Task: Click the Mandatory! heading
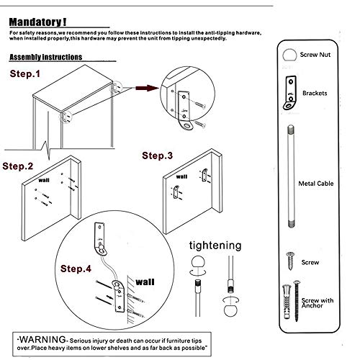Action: pos(37,22)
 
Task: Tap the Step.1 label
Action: pos(25,73)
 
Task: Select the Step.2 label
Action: pos(18,166)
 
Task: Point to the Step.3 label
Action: pos(158,156)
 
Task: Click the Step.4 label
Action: pos(76,269)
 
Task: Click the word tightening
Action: pos(215,246)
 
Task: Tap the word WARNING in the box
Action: pos(42,340)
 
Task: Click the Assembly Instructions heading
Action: pos(46,57)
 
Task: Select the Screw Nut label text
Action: pos(315,55)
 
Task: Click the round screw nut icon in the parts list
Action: pos(289,55)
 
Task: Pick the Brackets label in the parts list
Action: pos(315,93)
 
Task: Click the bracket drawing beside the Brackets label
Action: pos(290,92)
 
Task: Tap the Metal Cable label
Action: pos(316,184)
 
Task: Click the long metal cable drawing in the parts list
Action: pos(291,176)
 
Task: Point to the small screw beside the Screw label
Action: pos(290,261)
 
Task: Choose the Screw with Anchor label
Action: pos(318,303)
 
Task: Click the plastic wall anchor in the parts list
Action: pos(287,302)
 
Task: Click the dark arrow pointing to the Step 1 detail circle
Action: pos(146,88)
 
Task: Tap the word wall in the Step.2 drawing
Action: pos(44,180)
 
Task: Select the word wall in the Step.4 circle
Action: pos(145,282)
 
